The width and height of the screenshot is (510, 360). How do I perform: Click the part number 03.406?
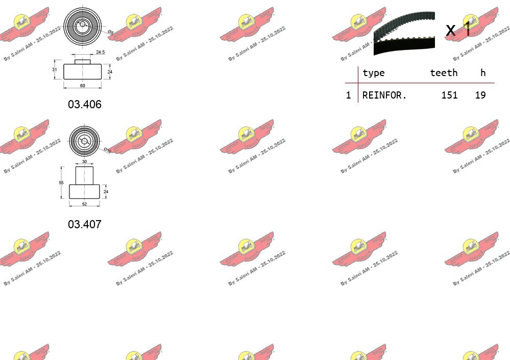85,105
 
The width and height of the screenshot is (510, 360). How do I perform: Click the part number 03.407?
85,224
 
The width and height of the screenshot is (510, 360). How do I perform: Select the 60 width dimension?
82,85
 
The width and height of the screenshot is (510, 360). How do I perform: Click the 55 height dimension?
61,182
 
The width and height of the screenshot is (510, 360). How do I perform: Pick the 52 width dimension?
84,204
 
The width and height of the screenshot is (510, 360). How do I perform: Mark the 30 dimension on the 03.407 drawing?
85,161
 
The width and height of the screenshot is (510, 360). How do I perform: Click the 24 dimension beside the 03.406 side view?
110,72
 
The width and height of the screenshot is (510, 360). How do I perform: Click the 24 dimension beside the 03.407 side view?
107,192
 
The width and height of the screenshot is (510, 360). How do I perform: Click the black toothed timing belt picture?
404,33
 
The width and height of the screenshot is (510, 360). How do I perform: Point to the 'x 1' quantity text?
458,30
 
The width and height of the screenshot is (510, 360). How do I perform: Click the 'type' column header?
373,73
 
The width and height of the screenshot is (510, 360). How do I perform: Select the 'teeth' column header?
444,73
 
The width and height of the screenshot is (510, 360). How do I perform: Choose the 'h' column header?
483,73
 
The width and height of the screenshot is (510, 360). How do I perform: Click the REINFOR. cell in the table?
384,95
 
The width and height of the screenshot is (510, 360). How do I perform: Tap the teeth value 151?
449,95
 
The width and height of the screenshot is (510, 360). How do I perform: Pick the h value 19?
480,95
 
